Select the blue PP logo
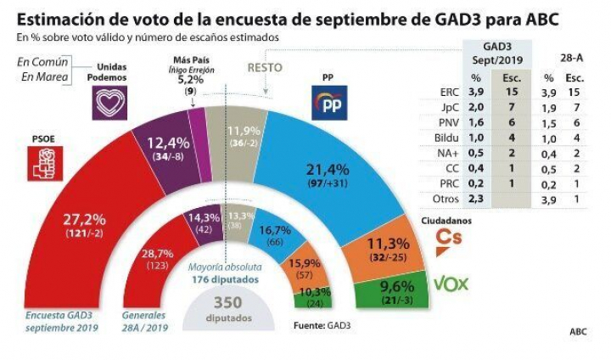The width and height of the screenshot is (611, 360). (328, 104)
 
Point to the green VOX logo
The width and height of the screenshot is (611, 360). (451, 284)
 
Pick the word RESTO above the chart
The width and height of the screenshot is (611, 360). (265, 67)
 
